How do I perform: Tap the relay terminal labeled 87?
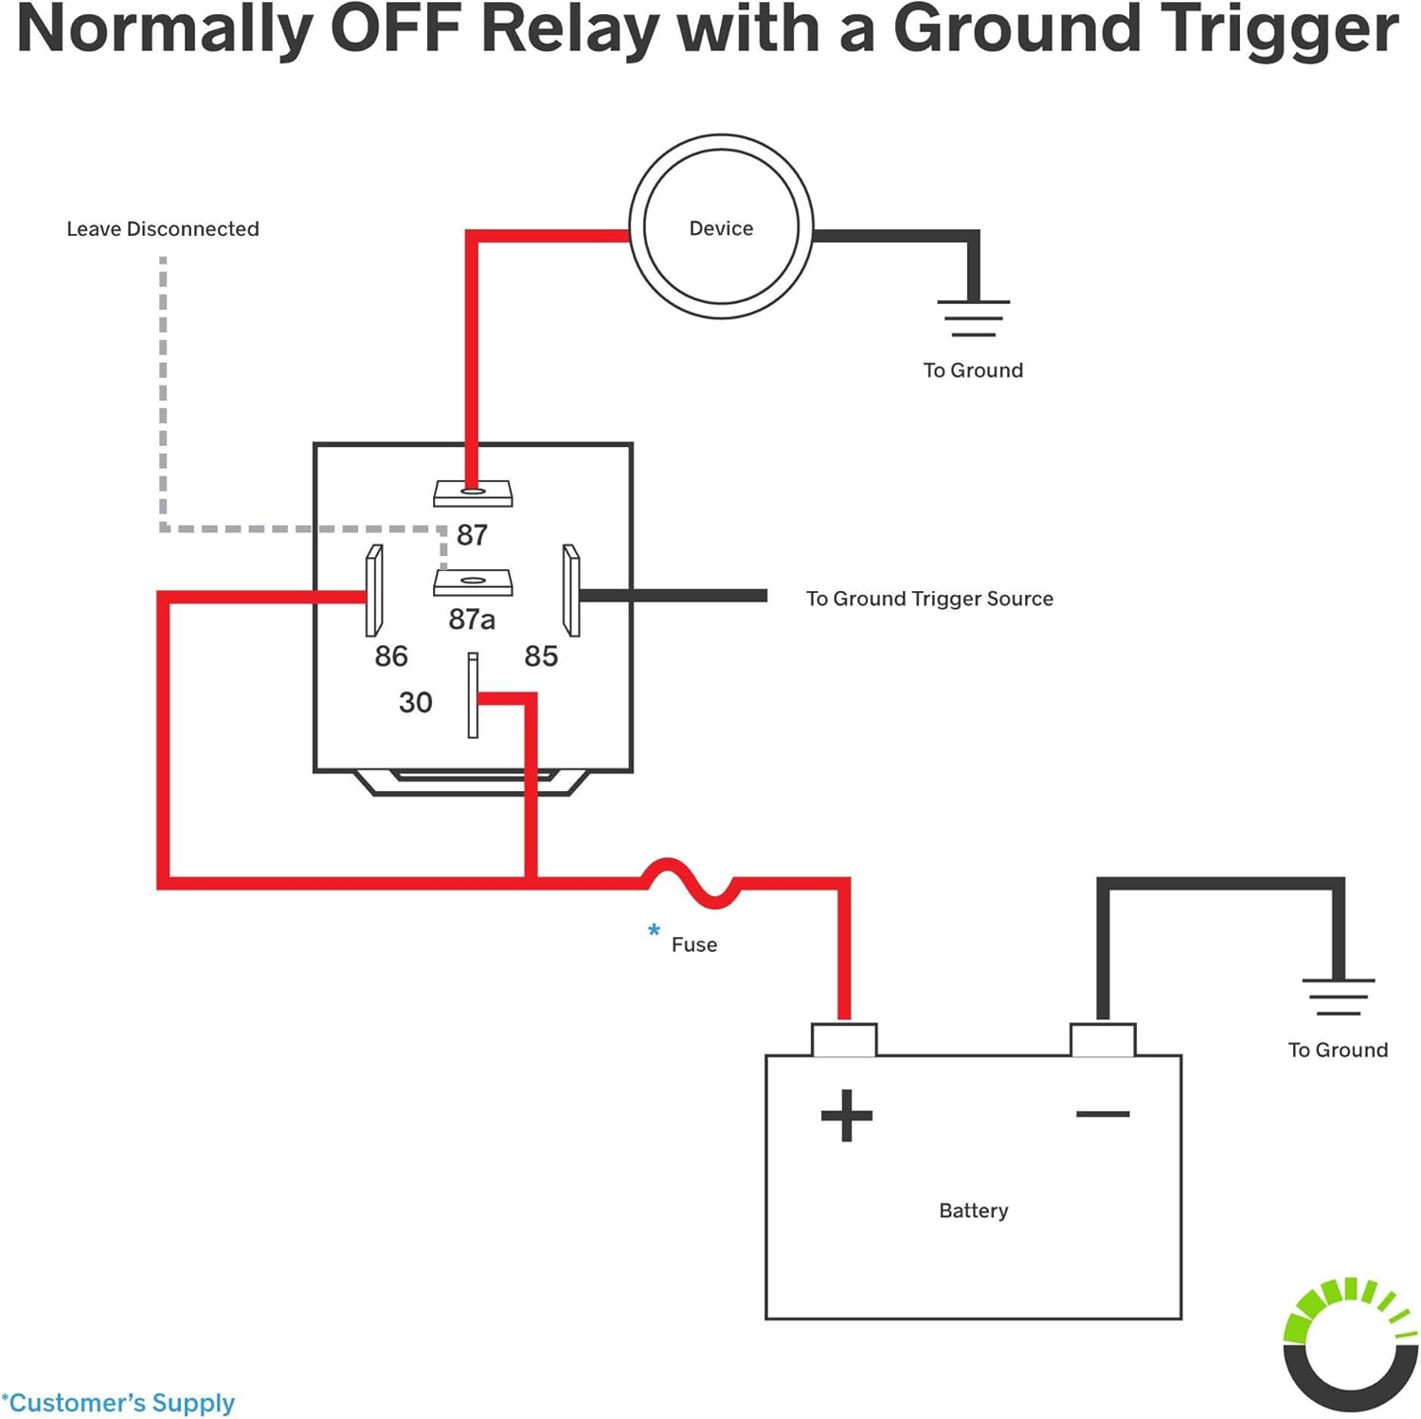point(473,493)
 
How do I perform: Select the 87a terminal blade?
point(473,582)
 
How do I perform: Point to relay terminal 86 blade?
point(374,590)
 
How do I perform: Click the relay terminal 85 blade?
point(571,590)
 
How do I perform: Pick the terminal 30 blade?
point(473,695)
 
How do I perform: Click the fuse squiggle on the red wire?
point(690,883)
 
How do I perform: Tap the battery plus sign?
point(846,1115)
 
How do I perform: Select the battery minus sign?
point(1103,1114)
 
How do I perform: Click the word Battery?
point(973,1211)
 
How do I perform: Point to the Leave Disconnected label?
point(162,228)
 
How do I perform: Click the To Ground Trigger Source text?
point(929,599)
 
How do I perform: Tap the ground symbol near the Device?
point(973,318)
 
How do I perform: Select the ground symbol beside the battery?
point(1339,997)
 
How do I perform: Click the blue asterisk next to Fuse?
point(654,930)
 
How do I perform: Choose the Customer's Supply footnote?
point(118,1402)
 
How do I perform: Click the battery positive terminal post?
point(844,1039)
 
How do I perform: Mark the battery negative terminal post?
point(1103,1039)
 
